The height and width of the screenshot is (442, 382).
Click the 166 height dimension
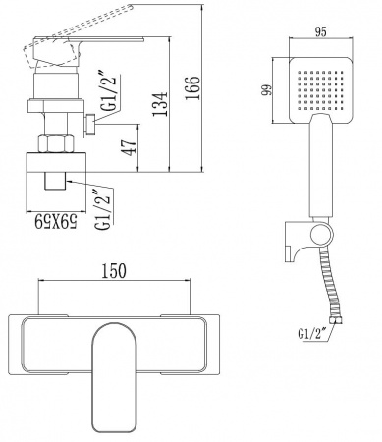pyautogui.click(x=192, y=88)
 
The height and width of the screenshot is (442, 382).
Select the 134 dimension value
pyautogui.click(x=161, y=104)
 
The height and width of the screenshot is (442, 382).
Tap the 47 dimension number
pyautogui.click(x=130, y=147)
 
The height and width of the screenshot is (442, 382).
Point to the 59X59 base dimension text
pyautogui.click(x=56, y=221)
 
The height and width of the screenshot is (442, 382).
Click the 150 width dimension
pyautogui.click(x=114, y=271)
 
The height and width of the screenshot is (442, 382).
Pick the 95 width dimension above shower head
pyautogui.click(x=321, y=31)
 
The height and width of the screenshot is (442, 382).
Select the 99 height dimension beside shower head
pyautogui.click(x=268, y=89)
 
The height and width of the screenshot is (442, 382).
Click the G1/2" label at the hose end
pyautogui.click(x=311, y=334)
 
